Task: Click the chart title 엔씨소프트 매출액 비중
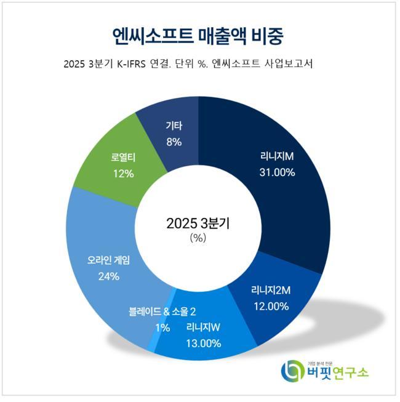[x=198, y=35]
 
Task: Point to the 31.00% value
[x=277, y=172]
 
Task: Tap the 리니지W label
[x=203, y=327]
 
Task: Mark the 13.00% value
[x=203, y=343]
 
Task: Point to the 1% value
[x=162, y=328]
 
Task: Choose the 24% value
[x=108, y=276]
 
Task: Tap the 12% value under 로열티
[x=123, y=174]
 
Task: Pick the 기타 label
[x=174, y=126]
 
